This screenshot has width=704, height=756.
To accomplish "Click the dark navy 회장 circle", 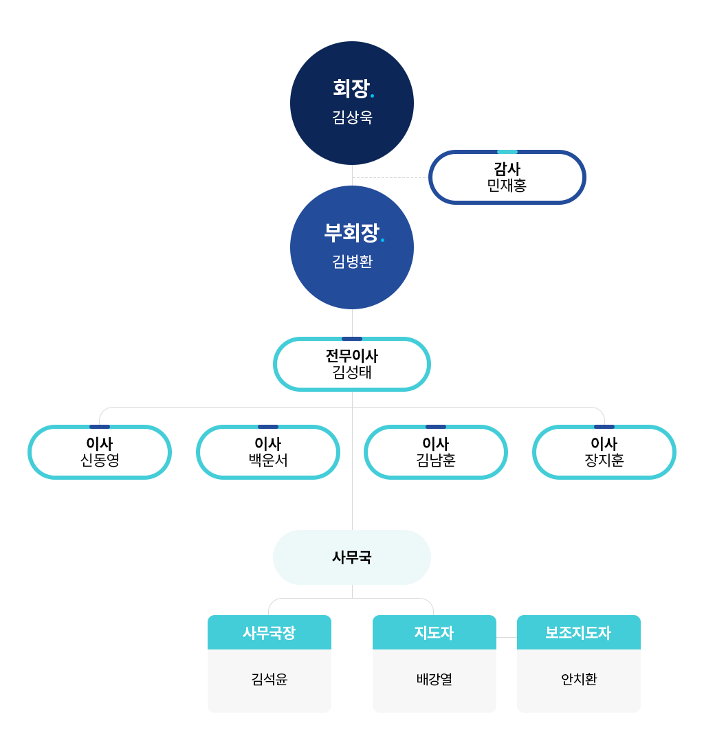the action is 351,102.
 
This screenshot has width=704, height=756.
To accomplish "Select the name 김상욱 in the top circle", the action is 352,117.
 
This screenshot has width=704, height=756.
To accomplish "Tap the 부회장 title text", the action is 351,233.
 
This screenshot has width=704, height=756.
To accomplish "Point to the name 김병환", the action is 352,261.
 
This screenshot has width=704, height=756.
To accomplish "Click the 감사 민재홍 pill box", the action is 507,177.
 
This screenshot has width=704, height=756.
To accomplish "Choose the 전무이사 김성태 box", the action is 351,364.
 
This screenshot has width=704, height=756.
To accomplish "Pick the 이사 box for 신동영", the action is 100,452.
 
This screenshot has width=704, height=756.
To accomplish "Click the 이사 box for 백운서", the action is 268,452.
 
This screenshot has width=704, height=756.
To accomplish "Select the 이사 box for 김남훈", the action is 436,452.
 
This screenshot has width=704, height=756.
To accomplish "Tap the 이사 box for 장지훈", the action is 604,452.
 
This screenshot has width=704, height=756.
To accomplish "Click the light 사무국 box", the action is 351,557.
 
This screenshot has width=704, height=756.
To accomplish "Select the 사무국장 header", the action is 269,632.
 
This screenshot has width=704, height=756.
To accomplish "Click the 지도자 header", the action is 434,632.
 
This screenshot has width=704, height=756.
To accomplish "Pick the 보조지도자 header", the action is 579,632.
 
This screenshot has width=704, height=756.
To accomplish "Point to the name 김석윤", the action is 269,679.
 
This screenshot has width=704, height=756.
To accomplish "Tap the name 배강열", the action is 434,679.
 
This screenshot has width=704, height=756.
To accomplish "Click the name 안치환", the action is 579,679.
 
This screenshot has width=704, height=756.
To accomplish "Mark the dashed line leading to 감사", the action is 390,177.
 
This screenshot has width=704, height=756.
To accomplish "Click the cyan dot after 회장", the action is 372,96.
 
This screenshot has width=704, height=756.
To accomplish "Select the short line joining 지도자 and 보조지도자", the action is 506,637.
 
